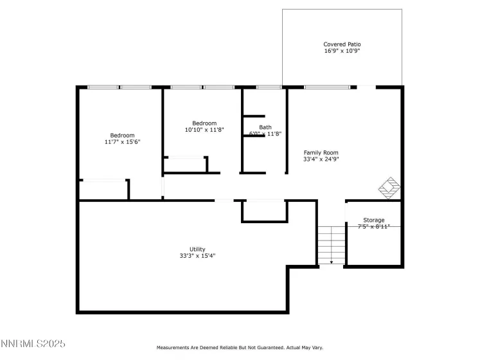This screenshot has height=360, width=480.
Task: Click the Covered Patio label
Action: (x=342, y=44)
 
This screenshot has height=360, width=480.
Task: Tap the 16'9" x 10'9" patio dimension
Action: (x=342, y=51)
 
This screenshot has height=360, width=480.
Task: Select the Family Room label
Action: (x=321, y=152)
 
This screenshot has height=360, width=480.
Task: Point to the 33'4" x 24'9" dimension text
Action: (x=321, y=159)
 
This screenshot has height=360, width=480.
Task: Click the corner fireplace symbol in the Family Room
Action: (x=389, y=188)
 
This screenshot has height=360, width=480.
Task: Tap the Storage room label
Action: (x=373, y=220)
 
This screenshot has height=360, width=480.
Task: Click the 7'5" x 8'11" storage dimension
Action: (x=373, y=226)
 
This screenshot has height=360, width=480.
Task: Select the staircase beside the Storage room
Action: (x=332, y=244)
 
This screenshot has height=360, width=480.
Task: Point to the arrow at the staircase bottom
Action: (x=332, y=262)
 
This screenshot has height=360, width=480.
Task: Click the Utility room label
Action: (x=197, y=248)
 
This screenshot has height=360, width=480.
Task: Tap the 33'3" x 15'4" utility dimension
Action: (x=197, y=255)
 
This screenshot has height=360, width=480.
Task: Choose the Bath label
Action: (x=265, y=127)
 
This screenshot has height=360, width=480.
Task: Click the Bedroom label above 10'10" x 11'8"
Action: (x=204, y=123)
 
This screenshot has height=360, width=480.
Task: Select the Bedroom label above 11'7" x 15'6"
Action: (x=122, y=135)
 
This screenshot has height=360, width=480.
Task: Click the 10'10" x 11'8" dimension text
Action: (x=204, y=130)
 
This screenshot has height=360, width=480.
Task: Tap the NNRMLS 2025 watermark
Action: (x=33, y=345)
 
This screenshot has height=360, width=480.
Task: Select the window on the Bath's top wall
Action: (x=269, y=87)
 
